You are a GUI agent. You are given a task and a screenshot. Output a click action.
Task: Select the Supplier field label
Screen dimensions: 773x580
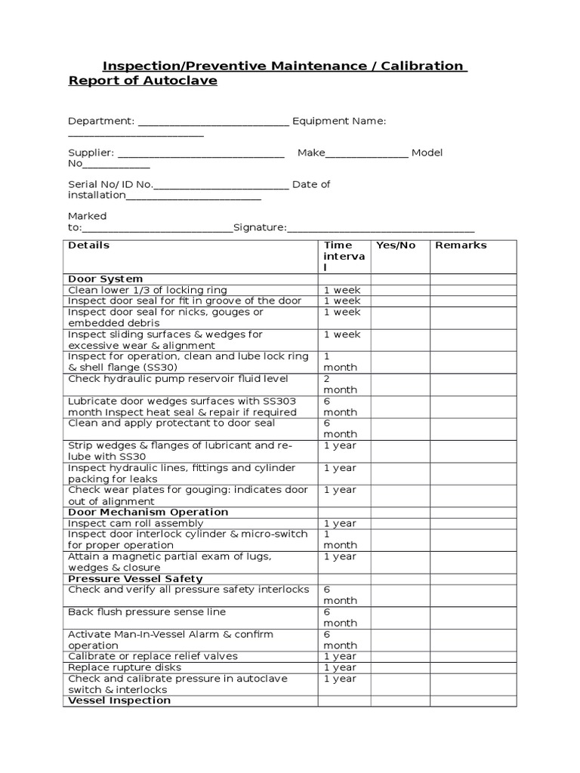pos(91,152)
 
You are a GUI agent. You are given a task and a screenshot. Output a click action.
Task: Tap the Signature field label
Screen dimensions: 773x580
pos(260,227)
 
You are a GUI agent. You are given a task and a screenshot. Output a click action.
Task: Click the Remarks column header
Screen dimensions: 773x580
pos(461,245)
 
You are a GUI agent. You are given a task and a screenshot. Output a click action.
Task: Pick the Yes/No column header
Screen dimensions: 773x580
pos(396,245)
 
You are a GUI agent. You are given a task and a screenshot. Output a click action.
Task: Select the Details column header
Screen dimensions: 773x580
pos(89,245)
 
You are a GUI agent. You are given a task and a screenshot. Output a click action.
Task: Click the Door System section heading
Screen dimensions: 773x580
pos(105,279)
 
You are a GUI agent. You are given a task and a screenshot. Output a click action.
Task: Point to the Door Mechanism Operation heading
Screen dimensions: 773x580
pos(148,512)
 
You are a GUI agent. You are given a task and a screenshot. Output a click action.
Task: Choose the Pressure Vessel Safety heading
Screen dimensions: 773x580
pos(135,579)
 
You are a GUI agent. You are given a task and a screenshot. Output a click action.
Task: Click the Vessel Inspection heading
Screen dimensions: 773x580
pos(119,701)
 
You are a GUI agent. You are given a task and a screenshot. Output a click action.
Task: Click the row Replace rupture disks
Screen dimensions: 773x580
pos(125,667)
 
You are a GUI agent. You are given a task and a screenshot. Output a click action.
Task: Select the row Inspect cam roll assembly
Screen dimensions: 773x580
pos(136,523)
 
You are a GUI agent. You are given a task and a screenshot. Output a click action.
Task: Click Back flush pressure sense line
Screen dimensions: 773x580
pos(147,612)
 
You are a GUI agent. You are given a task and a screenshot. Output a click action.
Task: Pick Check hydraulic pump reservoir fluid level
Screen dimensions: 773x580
pos(178,379)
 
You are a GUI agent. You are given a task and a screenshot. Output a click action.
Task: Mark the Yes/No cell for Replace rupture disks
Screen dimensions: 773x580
pos(400,667)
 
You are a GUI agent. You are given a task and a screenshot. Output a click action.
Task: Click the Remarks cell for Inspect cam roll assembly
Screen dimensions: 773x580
pos(473,523)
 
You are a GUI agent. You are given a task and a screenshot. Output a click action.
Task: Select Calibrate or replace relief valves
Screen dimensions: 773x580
pos(153,656)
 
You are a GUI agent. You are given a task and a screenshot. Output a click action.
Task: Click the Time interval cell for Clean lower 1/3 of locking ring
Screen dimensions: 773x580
pos(342,290)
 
